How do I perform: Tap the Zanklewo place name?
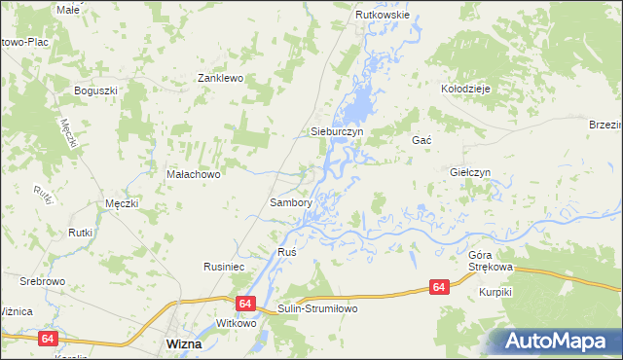tap(219, 78)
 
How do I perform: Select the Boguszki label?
tap(95, 90)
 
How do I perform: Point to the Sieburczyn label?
tap(336, 131)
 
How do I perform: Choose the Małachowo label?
tap(195, 175)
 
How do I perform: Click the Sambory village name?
tap(290, 203)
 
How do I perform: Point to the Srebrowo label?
tap(42, 281)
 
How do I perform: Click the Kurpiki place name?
tap(495, 292)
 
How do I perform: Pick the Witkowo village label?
tap(236, 323)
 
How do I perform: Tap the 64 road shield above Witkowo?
tap(243, 304)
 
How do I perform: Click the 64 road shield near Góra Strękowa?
tap(439, 287)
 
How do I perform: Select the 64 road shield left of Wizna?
tap(48, 338)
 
